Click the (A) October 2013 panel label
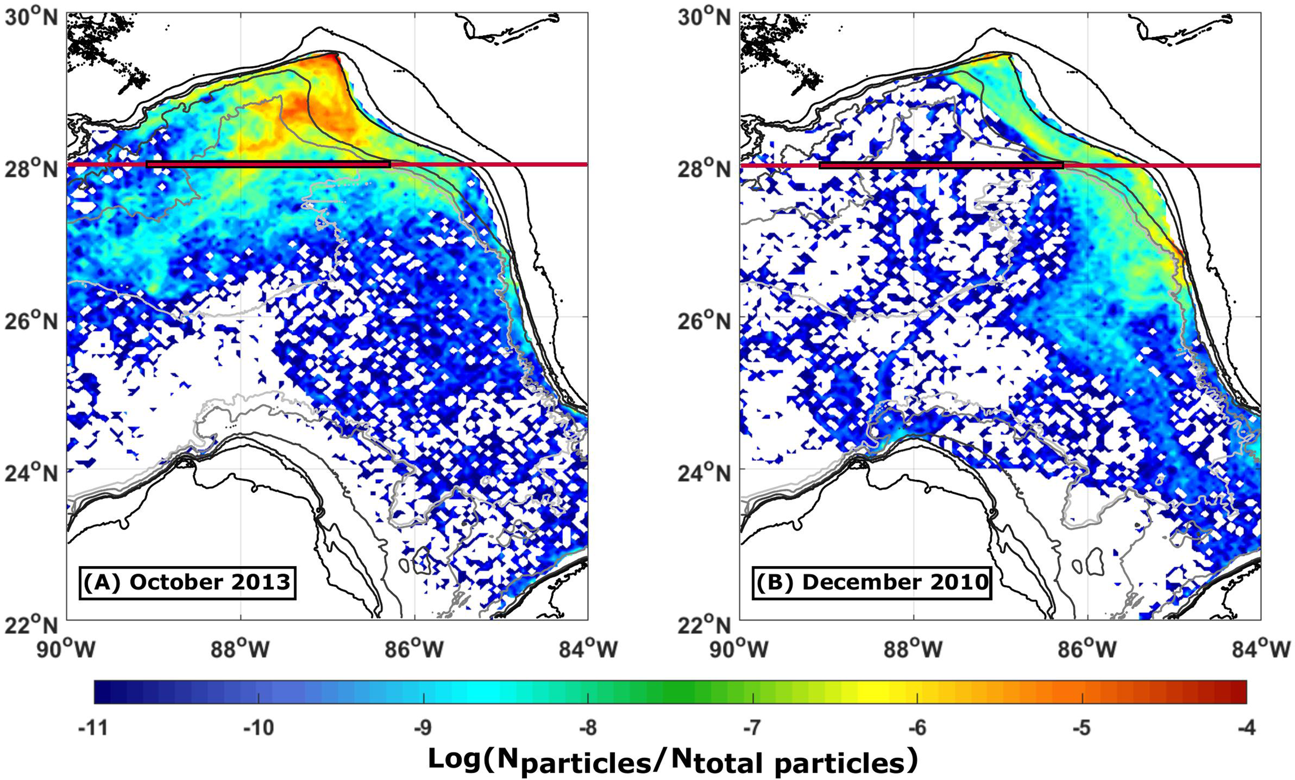click(187, 582)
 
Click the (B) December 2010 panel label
click(871, 582)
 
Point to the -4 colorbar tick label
click(1245, 728)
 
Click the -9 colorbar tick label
click(423, 728)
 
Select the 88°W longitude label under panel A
click(240, 649)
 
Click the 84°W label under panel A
click(587, 649)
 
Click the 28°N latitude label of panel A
click(31, 169)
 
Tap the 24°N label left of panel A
click(31, 473)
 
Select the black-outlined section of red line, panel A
click(268, 165)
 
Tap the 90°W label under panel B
click(740, 649)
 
